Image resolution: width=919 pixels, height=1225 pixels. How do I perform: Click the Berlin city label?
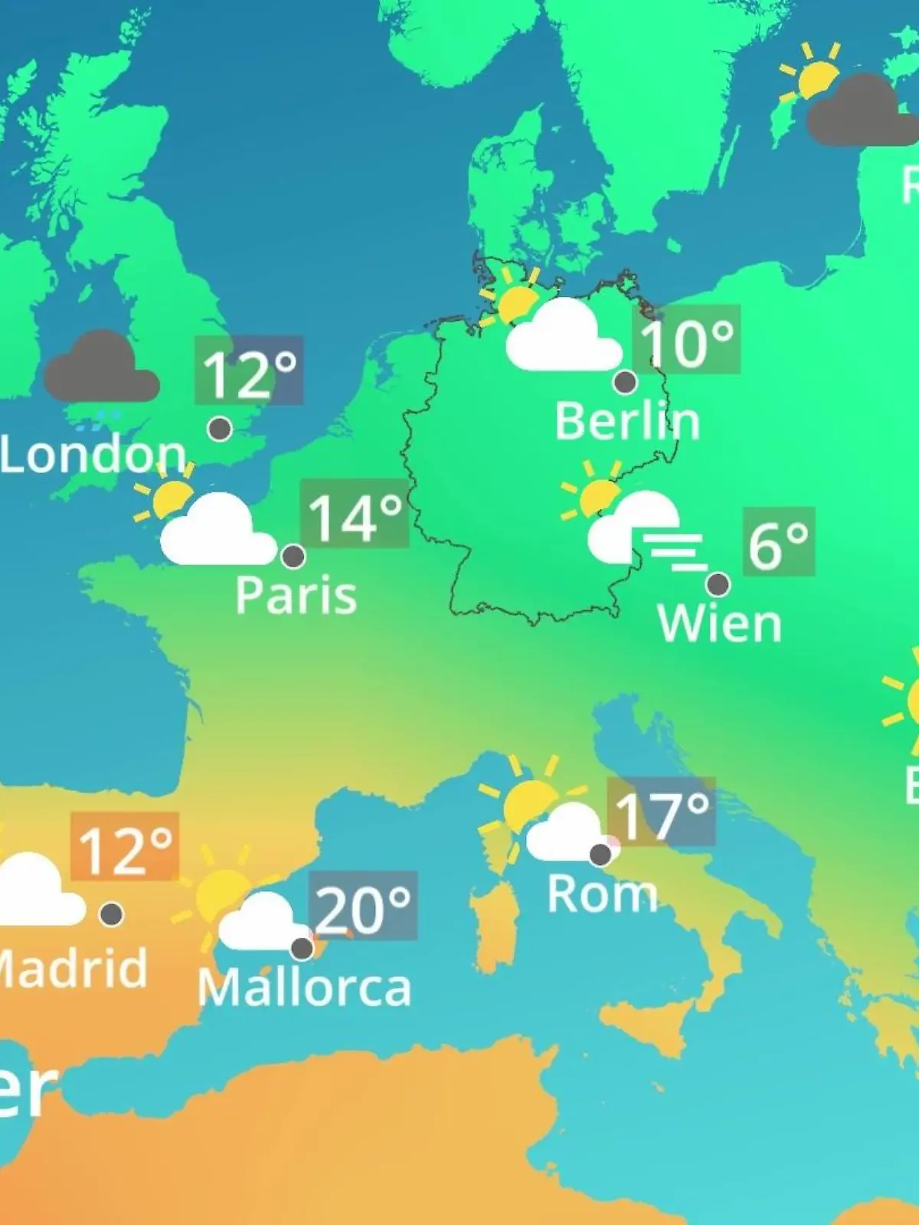pos(627,422)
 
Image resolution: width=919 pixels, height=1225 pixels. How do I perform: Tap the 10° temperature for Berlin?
pos(686,341)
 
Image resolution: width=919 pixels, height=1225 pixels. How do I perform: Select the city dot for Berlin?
pos(625,381)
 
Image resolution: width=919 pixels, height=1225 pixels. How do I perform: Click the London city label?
pos(92,455)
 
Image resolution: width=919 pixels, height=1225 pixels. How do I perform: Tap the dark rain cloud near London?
pos(100,369)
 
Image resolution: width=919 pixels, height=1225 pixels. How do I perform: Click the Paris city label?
pos(296,596)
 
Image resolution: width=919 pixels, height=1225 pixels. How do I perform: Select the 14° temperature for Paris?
pos(355,514)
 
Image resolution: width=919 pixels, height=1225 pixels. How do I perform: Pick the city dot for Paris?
pos(293,556)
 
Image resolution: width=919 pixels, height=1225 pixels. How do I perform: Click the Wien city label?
pos(719,624)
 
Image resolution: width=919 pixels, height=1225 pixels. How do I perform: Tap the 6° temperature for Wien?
pos(778,543)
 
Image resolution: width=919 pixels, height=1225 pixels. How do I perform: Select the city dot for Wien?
pos(718,584)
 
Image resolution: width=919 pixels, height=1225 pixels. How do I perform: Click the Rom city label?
pos(602,893)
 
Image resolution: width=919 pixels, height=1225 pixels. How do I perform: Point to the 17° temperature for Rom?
pos(662,813)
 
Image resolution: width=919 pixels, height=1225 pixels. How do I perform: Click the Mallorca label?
pos(304,988)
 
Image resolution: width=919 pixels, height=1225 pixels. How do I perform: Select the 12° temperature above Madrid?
pos(126,848)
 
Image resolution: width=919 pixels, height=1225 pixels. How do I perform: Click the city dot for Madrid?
pos(112,913)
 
